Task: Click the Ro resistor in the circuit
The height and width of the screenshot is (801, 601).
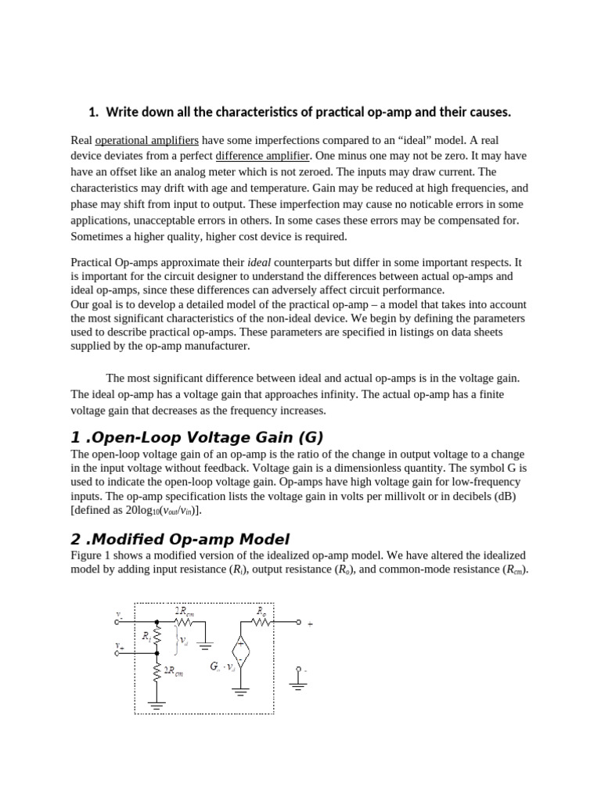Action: [261, 623]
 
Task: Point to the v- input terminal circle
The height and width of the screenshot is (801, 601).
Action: [118, 623]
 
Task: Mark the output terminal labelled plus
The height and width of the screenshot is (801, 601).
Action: [298, 623]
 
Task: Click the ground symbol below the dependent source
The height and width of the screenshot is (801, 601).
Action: [240, 692]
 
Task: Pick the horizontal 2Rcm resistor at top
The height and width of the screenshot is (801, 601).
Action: [185, 623]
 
